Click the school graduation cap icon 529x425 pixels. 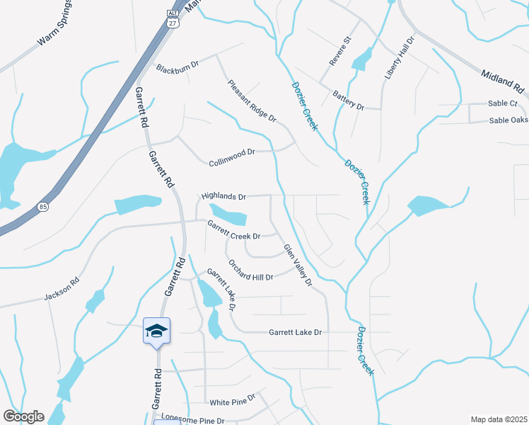coord(156,331)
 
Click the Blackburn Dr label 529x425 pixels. coord(178,69)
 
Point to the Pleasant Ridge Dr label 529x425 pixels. coord(252,101)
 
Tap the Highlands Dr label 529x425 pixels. coord(223,196)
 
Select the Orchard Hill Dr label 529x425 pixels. coord(250,269)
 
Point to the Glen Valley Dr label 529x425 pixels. coord(298,266)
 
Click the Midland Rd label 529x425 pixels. coord(503,81)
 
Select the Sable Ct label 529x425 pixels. coord(503,103)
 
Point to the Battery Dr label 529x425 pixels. coord(348,100)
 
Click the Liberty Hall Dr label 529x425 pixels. coord(400,57)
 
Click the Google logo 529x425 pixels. coord(23,416)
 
